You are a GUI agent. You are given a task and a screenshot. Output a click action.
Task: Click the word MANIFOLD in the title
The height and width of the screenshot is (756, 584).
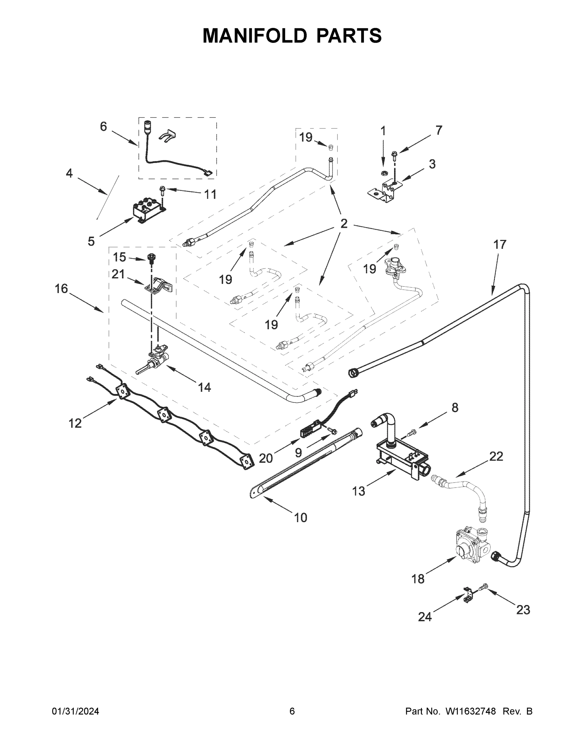(x=255, y=36)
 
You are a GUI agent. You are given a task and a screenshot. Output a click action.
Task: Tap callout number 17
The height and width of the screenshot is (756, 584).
(x=500, y=245)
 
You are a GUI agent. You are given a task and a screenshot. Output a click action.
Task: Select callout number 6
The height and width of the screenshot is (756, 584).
(x=104, y=127)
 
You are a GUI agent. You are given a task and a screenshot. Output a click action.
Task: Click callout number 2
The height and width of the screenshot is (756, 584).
(x=343, y=224)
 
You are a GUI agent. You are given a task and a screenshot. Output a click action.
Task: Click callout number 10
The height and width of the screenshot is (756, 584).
(x=300, y=527)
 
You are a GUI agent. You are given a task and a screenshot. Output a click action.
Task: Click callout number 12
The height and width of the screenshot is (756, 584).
(x=75, y=423)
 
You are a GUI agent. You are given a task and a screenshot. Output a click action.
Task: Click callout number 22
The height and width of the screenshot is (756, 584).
(x=496, y=456)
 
